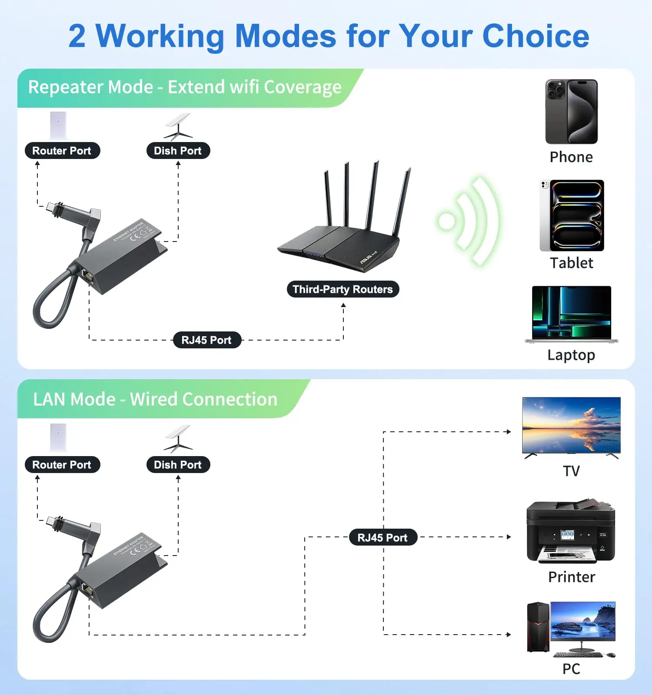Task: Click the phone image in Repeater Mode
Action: (571, 112)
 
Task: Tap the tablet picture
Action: (572, 215)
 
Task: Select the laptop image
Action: (571, 314)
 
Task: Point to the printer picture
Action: (571, 532)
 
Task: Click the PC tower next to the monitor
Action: (538, 627)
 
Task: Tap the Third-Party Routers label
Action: (343, 289)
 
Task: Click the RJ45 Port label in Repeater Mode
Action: (206, 340)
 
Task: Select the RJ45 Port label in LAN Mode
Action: (383, 538)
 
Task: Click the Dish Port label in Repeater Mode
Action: (178, 151)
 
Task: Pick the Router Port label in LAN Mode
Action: (62, 465)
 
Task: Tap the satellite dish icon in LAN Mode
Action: (178, 439)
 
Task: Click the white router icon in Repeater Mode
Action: (58, 125)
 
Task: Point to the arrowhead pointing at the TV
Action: (509, 432)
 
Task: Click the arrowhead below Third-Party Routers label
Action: (343, 305)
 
